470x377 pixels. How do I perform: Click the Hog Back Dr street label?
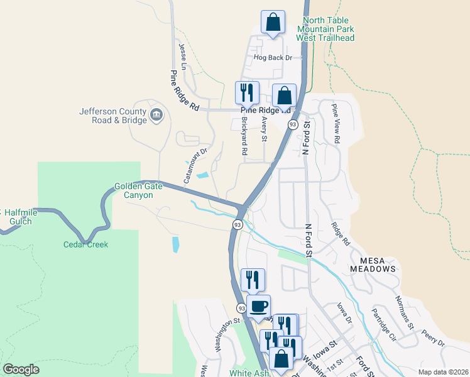(x=273, y=58)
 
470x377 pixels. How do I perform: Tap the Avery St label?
(x=265, y=129)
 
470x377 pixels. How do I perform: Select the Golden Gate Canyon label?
(x=134, y=190)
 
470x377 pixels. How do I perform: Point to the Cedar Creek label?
(x=85, y=244)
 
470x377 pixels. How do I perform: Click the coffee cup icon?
(x=258, y=307)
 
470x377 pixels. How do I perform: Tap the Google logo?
(x=21, y=369)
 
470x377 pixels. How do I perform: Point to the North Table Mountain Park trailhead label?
(x=325, y=29)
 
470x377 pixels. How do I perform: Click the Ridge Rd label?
(x=340, y=234)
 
